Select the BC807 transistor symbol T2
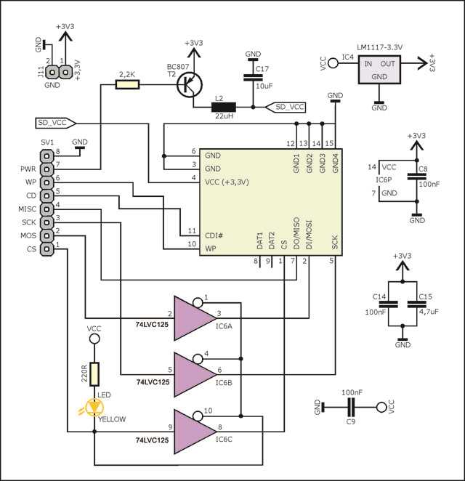(x=190, y=85)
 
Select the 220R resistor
(x=94, y=375)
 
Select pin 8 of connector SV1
(x=46, y=153)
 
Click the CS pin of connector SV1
(x=46, y=249)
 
